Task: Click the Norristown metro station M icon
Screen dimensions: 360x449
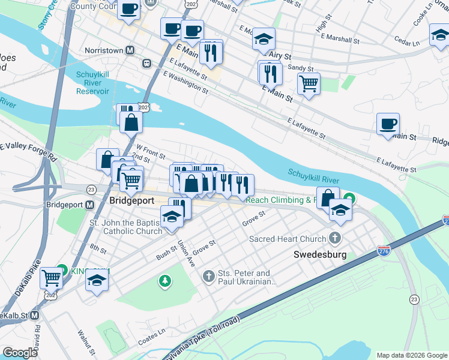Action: click(129, 51)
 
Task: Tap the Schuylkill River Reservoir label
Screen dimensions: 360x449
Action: click(92, 83)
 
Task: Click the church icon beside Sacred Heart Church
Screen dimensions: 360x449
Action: click(334, 239)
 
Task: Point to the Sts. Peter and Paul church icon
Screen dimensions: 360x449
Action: click(208, 276)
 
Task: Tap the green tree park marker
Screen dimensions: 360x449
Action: click(164, 280)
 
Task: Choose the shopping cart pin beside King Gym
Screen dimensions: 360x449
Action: click(52, 278)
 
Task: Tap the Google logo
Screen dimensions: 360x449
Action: click(20, 353)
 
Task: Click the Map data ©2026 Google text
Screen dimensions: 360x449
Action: click(411, 355)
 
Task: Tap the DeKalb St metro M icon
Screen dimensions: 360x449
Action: click(34, 315)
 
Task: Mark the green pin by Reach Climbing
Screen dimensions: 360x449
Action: click(348, 199)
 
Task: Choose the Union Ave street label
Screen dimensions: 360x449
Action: click(186, 253)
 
